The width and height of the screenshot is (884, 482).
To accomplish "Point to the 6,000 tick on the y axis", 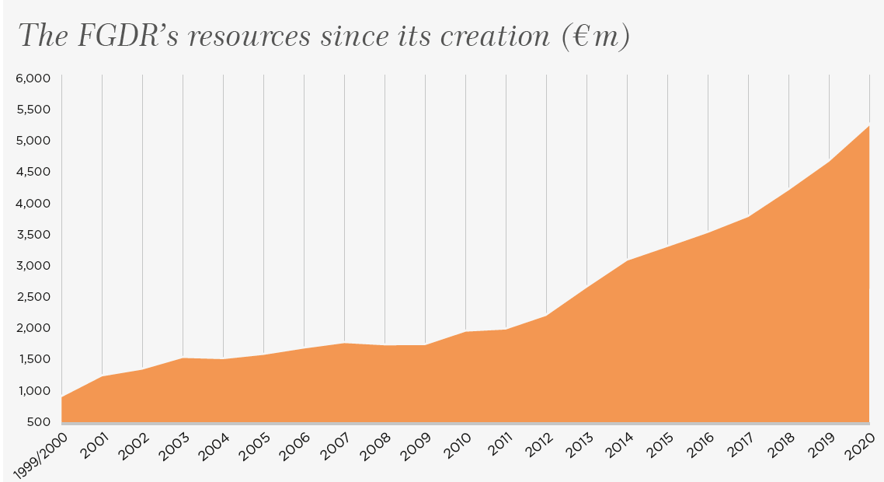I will click(33, 79).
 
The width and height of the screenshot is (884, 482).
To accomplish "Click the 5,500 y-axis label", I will click(33, 110).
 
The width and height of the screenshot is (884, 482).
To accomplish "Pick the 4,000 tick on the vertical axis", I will click(33, 203).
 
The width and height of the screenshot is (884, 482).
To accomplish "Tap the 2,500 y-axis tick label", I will click(33, 297).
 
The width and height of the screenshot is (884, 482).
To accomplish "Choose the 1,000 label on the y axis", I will click(33, 390).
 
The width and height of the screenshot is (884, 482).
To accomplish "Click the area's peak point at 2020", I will click(869, 126).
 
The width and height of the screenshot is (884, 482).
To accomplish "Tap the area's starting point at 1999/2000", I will click(62, 397).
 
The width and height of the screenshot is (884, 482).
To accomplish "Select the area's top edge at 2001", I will click(103, 376).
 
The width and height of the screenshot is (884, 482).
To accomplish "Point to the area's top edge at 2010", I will click(466, 332).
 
